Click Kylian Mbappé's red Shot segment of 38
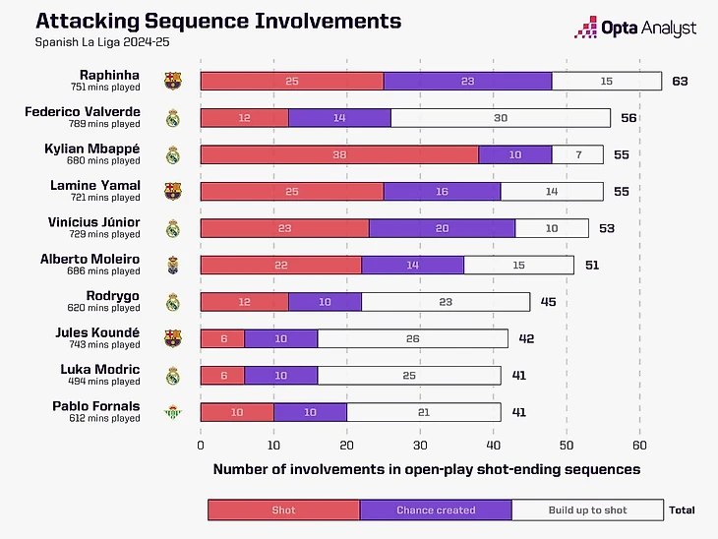click(x=339, y=154)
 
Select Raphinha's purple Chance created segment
click(x=467, y=81)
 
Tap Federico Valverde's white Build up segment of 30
click(x=501, y=118)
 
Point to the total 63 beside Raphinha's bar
click(x=680, y=81)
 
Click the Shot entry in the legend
click(x=283, y=509)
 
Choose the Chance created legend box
click(x=436, y=509)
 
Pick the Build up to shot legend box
click(x=588, y=509)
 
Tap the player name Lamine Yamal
click(x=109, y=186)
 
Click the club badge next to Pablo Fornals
click(x=173, y=412)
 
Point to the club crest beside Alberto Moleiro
click(x=173, y=266)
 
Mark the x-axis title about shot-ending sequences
click(x=426, y=469)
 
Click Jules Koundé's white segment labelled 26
click(x=412, y=338)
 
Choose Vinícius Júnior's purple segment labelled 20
click(x=442, y=228)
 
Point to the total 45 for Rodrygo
click(x=548, y=302)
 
